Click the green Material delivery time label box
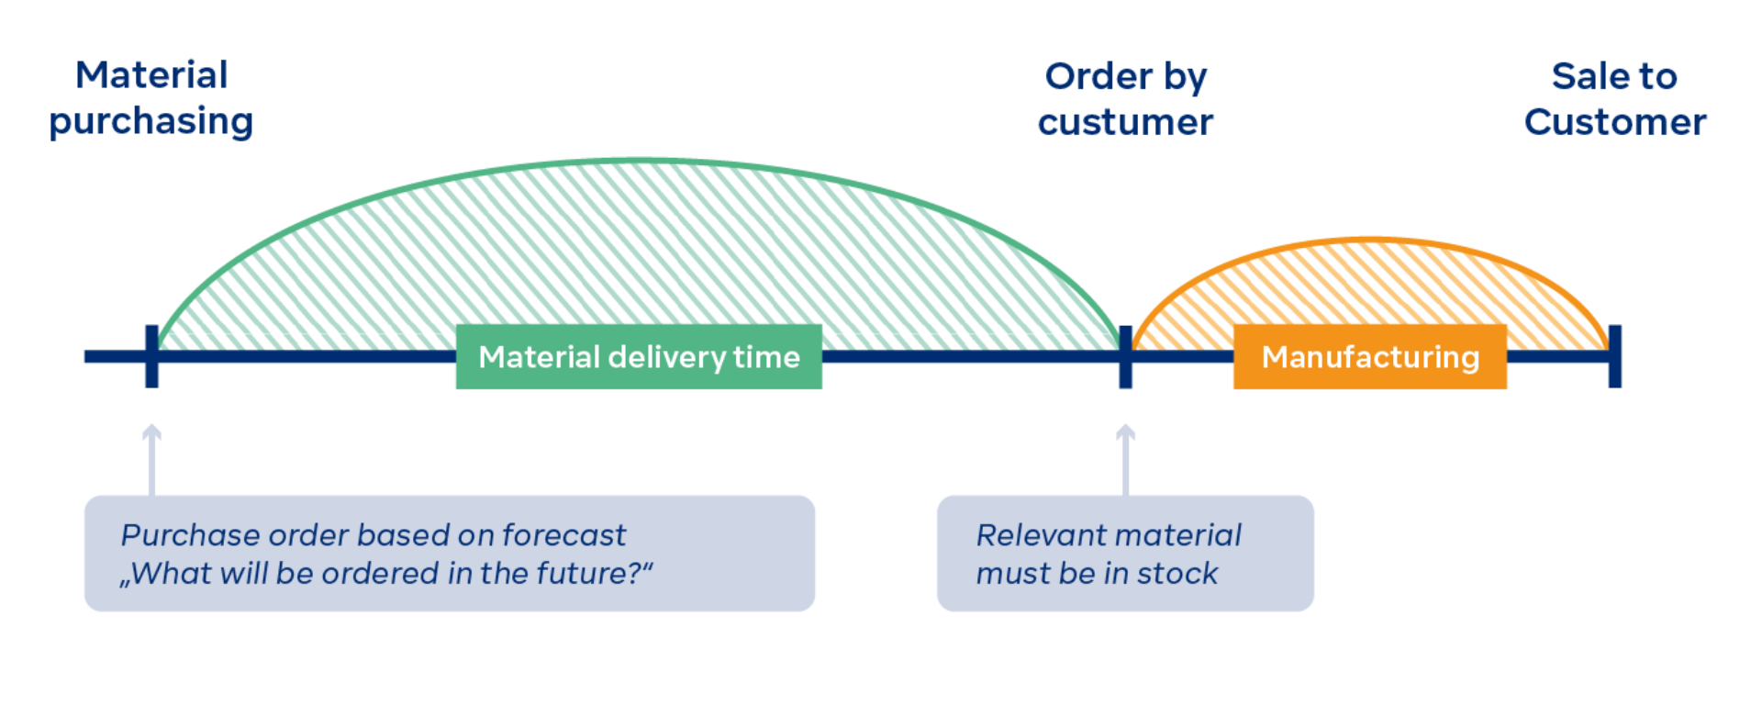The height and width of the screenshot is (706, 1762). [639, 357]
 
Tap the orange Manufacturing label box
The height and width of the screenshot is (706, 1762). [1369, 357]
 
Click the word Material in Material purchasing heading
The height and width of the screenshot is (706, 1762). [151, 75]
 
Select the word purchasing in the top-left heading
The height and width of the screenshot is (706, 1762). [151, 122]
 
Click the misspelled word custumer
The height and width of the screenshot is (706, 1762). [1125, 123]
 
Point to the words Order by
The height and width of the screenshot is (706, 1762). [1125, 77]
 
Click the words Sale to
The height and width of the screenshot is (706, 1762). [1614, 77]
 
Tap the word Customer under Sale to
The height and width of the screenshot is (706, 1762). [1615, 123]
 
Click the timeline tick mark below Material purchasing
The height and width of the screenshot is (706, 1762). [151, 356]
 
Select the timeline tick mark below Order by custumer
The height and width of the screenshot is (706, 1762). [1125, 356]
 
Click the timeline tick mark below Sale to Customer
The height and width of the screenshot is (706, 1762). [1614, 356]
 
